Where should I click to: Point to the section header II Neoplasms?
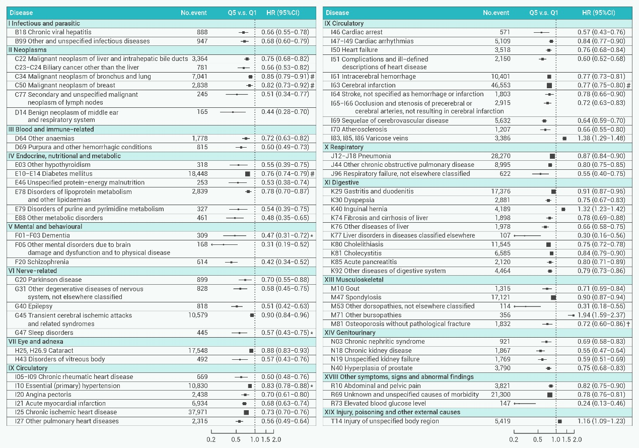(x=28, y=50)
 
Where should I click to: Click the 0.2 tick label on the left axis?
(x=211, y=439)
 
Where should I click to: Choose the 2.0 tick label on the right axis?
(x=577, y=439)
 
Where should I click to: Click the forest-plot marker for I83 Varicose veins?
(x=564, y=138)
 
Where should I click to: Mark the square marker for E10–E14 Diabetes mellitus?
(x=247, y=174)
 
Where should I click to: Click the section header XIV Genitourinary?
(x=350, y=333)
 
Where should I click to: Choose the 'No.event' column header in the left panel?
(x=194, y=13)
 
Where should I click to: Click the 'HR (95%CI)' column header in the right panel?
(x=599, y=13)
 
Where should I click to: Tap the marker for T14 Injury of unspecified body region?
(x=559, y=421)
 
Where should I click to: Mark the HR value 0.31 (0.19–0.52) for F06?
(x=285, y=244)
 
